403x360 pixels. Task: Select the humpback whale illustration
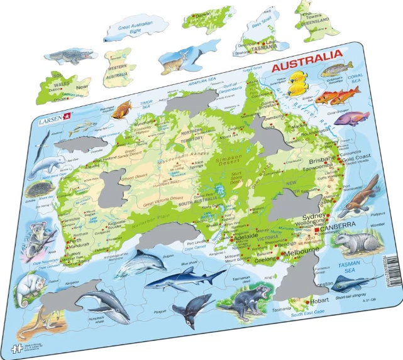(101, 303)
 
